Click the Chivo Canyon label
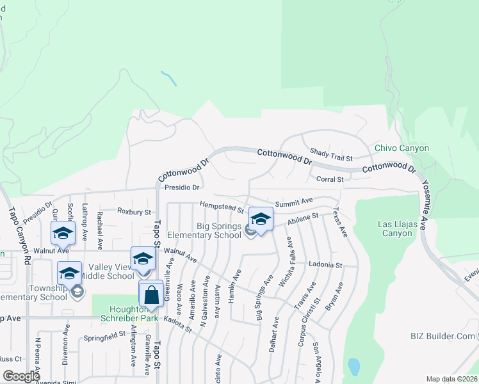pos(402,148)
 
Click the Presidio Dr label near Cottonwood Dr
pos(183,188)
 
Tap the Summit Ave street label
pos(294,201)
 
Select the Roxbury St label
pos(133,211)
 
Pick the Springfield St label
pos(105,335)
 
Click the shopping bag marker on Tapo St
pos(151,295)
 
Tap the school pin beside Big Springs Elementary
pos(261,220)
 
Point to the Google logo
pos(22,376)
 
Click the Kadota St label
pos(178,323)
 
